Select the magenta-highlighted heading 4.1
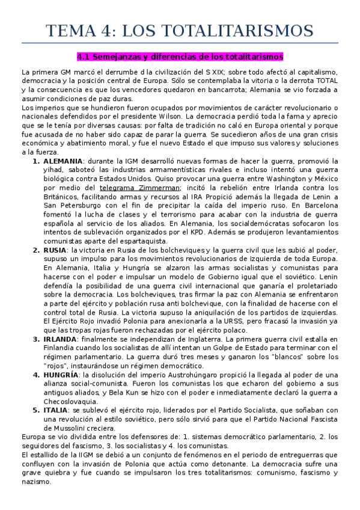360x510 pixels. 180,58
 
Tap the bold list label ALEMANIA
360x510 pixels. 64,162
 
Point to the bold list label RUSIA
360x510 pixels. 55,250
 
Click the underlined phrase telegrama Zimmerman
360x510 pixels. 139,188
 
